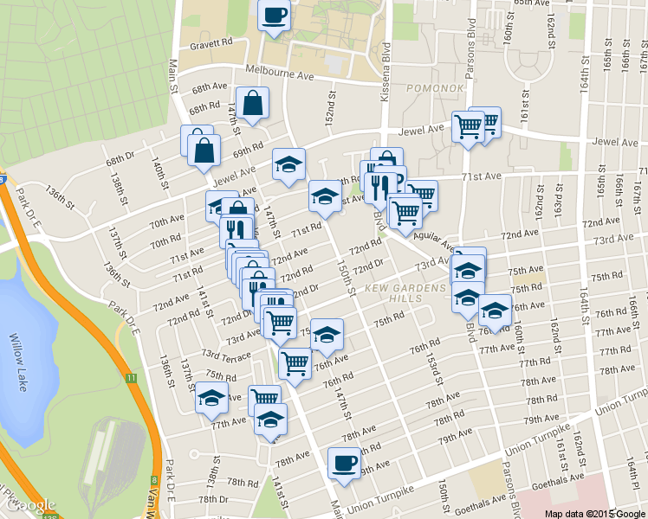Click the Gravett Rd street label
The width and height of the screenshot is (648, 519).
coord(212,42)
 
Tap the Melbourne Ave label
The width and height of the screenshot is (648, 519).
coord(279,75)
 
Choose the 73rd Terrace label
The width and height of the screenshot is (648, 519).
coord(226,355)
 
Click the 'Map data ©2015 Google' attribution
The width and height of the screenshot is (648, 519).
coord(594,513)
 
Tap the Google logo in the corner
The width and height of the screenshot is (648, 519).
coord(29,504)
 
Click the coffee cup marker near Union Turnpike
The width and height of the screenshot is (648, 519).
coord(345,463)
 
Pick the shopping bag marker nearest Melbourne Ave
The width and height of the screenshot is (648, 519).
coord(252,104)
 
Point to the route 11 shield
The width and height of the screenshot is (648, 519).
coord(131,378)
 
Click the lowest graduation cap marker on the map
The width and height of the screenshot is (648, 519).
coord(271,420)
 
